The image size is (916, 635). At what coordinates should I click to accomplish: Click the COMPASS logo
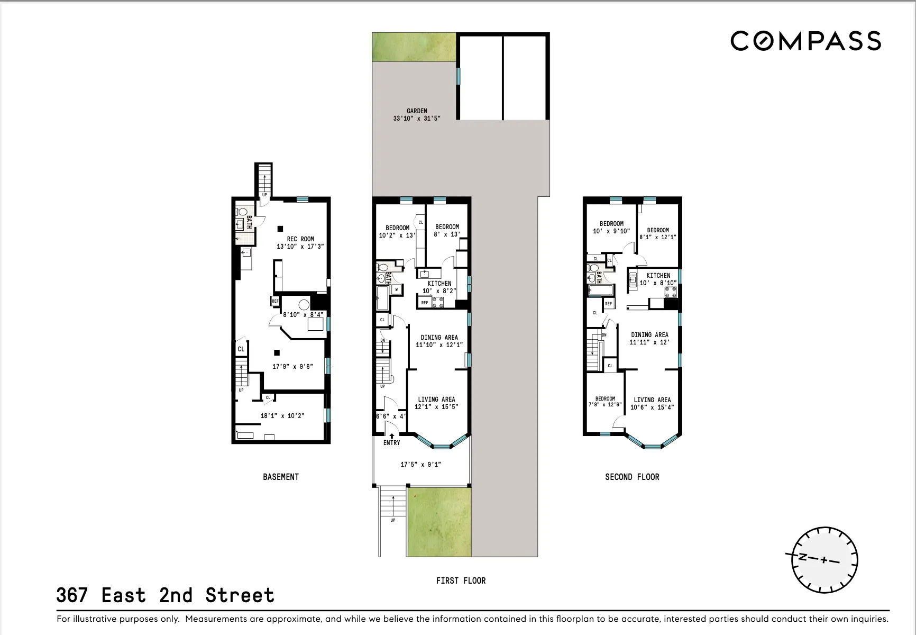[x=805, y=41]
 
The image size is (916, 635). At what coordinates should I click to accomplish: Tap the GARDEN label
[x=417, y=111]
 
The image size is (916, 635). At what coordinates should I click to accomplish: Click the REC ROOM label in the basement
[x=300, y=239]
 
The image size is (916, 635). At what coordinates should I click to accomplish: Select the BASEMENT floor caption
[x=281, y=477]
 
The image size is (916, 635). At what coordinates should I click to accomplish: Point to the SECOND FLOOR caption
[x=632, y=477]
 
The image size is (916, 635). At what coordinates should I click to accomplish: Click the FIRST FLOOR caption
[x=461, y=581]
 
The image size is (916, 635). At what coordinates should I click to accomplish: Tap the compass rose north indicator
[x=802, y=557]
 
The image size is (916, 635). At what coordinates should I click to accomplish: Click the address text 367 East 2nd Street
[x=165, y=596]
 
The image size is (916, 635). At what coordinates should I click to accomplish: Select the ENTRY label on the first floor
[x=391, y=443]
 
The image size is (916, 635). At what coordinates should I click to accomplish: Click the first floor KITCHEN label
[x=439, y=284]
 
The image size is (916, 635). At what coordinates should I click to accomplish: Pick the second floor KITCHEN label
[x=658, y=276]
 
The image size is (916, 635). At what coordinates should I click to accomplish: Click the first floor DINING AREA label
[x=439, y=338]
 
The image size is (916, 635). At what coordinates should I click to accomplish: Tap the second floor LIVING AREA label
[x=652, y=400]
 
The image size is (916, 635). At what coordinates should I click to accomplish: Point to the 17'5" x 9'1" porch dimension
[x=420, y=465]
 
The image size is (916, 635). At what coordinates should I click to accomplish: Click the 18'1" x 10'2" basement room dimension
[x=282, y=416]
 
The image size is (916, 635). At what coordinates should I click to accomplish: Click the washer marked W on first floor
[x=396, y=289]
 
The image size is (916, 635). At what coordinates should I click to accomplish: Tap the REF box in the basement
[x=275, y=301]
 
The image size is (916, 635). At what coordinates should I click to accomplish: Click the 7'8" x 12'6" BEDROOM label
[x=605, y=402]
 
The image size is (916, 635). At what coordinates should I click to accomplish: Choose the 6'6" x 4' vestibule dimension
[x=391, y=416]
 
